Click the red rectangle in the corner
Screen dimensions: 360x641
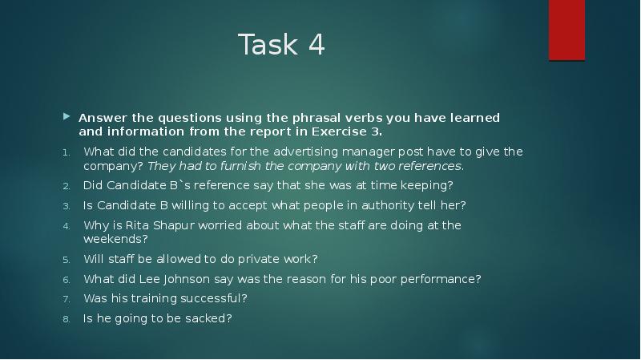pos(566,30)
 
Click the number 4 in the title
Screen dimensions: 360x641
pos(315,46)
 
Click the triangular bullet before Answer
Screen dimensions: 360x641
pos(67,118)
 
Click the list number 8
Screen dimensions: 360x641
pos(67,318)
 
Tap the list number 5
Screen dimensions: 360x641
pos(67,259)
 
